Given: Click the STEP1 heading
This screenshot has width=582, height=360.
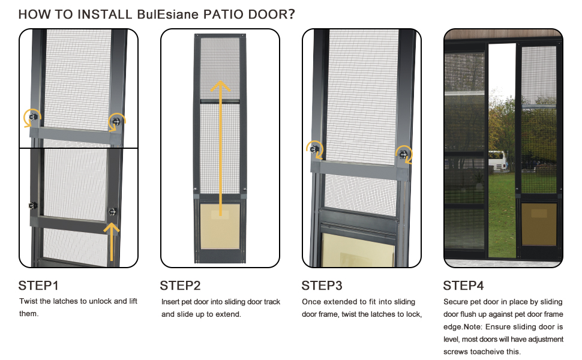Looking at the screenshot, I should (38, 286).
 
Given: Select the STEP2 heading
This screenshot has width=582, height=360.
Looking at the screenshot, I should (180, 286).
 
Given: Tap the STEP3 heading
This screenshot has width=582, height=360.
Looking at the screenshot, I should (322, 286).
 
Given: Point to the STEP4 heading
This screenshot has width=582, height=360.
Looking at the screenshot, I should (463, 286).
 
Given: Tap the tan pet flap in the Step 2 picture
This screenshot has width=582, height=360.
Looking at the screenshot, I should (220, 225).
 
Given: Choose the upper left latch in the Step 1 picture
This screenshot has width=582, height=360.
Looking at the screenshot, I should (34, 116).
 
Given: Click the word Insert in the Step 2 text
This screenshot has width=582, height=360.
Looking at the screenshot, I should (172, 302).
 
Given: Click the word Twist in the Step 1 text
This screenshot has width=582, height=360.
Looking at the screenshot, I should (29, 301).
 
